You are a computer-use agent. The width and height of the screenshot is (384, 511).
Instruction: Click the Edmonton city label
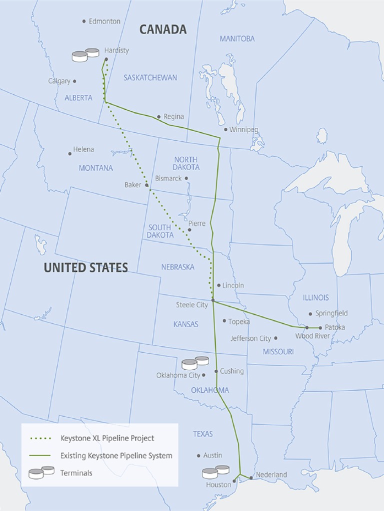(x=104, y=21)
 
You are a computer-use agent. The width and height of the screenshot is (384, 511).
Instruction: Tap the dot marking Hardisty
(x=106, y=59)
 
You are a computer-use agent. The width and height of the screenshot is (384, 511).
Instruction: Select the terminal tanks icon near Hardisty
(x=85, y=55)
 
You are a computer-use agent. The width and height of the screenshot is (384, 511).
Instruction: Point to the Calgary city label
(x=59, y=81)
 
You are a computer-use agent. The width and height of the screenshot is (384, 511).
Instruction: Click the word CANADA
(x=163, y=29)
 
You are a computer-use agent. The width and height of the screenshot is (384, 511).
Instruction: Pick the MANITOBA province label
(x=237, y=38)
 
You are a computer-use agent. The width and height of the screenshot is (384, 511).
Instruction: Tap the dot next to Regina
(x=159, y=117)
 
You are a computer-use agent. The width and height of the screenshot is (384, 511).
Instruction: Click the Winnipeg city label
(x=244, y=130)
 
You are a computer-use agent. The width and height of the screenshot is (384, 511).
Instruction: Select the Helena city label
(x=83, y=149)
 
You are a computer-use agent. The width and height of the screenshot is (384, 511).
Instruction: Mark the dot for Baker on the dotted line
(x=147, y=185)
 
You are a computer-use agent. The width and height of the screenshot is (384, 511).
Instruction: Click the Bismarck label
(x=168, y=178)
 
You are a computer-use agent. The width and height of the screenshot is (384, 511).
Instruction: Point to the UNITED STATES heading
(x=85, y=267)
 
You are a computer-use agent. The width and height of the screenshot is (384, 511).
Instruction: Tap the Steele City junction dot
(x=213, y=300)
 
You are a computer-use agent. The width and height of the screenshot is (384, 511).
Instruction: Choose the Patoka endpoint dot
(x=320, y=328)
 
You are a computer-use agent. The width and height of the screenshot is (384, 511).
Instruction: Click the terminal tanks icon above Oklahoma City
(x=195, y=363)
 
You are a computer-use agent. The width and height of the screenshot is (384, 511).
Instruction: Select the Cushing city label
(x=232, y=371)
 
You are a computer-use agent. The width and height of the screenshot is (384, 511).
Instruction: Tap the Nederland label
(x=271, y=475)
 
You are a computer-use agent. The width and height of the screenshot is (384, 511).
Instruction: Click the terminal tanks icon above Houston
(x=215, y=472)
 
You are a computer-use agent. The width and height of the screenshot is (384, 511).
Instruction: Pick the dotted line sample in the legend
(x=40, y=439)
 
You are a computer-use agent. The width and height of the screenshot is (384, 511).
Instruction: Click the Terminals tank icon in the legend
(x=41, y=472)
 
